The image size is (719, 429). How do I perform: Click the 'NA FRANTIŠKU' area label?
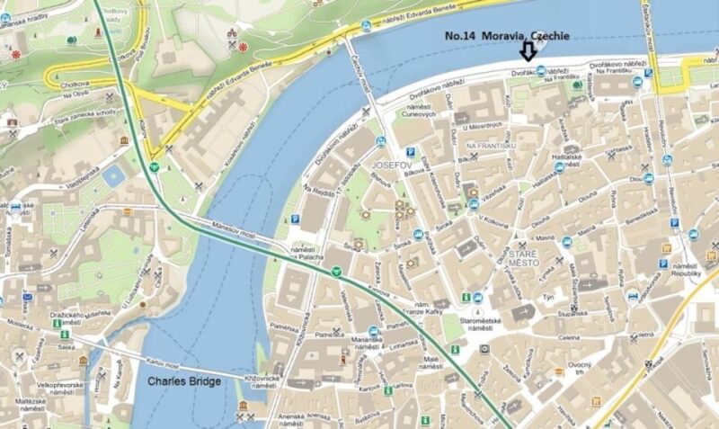[x=489, y=146]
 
